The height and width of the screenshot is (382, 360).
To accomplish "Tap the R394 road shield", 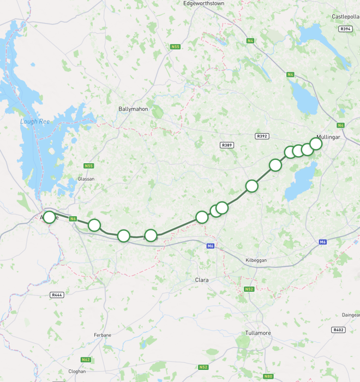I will coord(345,29).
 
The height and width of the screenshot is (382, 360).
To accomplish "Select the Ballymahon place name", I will coord(133,109).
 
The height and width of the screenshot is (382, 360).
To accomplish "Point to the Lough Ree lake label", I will coord(35,122).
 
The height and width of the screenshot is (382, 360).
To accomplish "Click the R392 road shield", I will coord(262,136).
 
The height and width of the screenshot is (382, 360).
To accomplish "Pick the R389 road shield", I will coord(227,145).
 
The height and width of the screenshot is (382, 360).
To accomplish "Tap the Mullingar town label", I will coord(328,137).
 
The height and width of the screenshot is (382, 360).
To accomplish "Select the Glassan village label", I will coord(86,179).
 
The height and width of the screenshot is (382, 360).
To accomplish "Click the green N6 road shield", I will coord(73,219).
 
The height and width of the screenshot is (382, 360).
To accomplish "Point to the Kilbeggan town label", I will coord(256,261).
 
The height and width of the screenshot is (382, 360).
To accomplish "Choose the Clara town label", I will coord(202,280).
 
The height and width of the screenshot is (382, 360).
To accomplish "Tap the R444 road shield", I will coord(57,295).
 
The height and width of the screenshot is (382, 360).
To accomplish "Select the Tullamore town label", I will coord(258,333).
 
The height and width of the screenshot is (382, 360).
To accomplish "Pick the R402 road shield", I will coord(338,330).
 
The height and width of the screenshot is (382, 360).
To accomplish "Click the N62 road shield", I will coord(86,360).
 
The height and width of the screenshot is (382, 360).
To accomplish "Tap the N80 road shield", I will coord(268,377).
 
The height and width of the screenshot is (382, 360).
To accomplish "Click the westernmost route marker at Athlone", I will coord(49,217).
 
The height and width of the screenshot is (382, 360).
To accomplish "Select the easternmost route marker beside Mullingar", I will coord(316,144).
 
